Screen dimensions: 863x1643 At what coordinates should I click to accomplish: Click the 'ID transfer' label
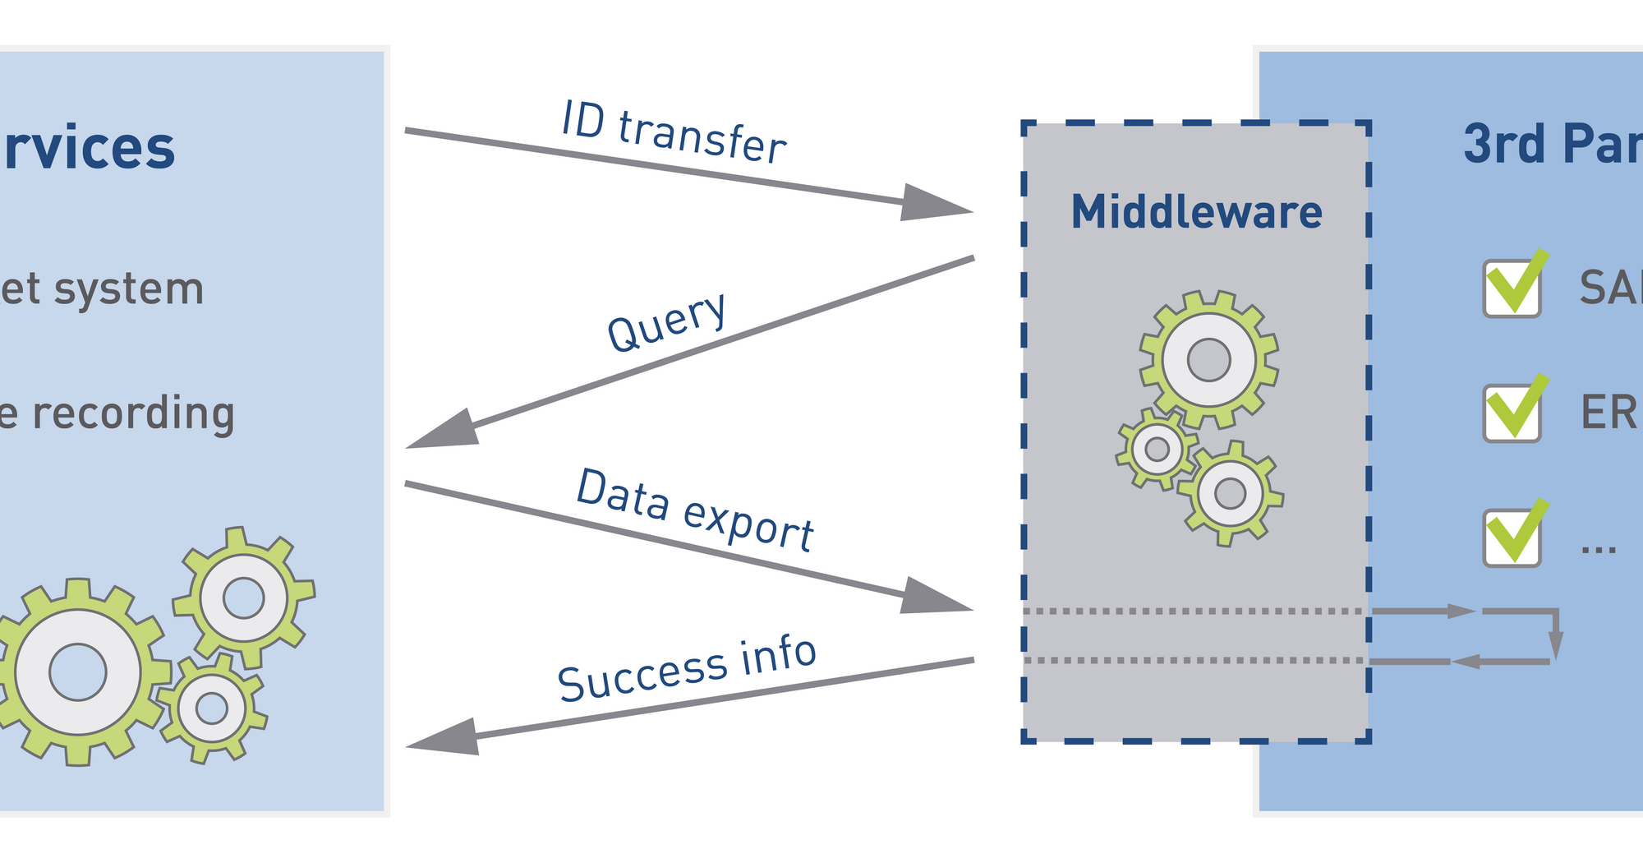[x=674, y=132]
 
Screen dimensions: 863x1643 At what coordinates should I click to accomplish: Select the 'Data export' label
[x=695, y=510]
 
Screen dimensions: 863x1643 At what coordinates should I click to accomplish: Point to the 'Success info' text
[x=687, y=669]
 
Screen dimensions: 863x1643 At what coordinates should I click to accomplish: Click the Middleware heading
[x=1196, y=212]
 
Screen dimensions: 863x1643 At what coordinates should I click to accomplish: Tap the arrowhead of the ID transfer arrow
[x=937, y=203]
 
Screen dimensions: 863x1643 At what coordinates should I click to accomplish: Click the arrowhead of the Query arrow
[x=444, y=431]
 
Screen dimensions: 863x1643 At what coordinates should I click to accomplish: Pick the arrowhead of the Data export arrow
[x=937, y=597]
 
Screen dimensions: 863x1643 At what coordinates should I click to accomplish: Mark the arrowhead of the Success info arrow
[x=444, y=736]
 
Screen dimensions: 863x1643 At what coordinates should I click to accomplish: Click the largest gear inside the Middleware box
[x=1208, y=359]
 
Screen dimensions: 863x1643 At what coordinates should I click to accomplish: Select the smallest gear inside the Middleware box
[x=1157, y=450]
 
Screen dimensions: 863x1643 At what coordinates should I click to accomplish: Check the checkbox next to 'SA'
[x=1512, y=288]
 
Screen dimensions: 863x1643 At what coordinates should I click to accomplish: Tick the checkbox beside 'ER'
[x=1512, y=413]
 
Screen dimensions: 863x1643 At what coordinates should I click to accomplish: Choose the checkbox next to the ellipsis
[x=1512, y=538]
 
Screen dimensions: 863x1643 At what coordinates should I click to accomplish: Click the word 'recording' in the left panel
[x=134, y=413]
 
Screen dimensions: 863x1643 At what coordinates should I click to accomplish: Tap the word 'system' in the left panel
[x=140, y=289]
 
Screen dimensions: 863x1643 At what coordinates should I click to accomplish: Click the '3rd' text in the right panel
[x=1504, y=144]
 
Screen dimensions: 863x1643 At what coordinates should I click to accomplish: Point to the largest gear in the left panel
[x=78, y=671]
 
